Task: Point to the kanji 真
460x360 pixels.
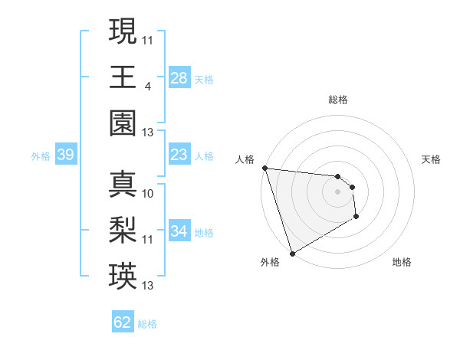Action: [x=123, y=184]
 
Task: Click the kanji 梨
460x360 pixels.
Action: [x=123, y=229]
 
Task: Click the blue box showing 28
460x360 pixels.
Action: [x=179, y=78]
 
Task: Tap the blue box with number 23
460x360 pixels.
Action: [x=179, y=155]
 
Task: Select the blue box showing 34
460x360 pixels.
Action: [x=179, y=231]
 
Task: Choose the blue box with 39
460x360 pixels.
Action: [x=65, y=155]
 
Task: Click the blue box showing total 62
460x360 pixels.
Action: [x=123, y=322]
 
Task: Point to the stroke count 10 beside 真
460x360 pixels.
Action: [x=148, y=194]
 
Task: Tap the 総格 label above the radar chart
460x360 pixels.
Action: [x=338, y=100]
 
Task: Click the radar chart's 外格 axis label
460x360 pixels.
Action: [x=269, y=263]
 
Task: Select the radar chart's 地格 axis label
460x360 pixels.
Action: [x=402, y=263]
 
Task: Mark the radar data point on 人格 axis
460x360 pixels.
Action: [x=264, y=168]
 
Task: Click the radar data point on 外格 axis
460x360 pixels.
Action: [x=292, y=254]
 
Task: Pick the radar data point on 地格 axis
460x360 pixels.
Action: [x=356, y=217]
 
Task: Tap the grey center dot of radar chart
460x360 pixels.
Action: [x=338, y=191]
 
